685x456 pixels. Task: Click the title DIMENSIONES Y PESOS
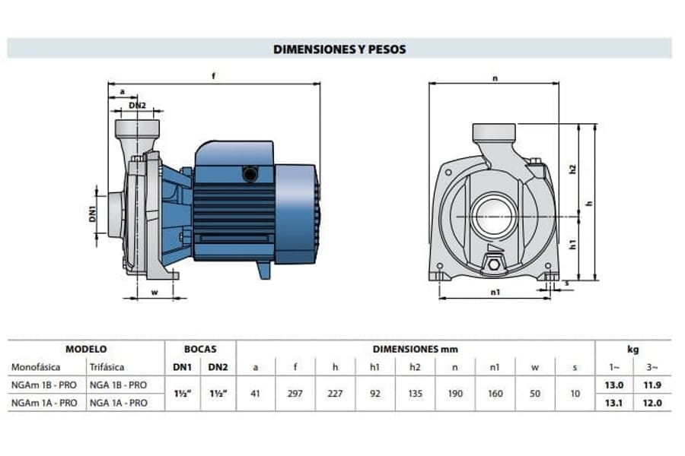point(339,49)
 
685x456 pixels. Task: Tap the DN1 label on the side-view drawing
point(93,214)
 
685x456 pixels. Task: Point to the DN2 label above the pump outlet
point(137,105)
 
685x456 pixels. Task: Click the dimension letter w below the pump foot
point(155,293)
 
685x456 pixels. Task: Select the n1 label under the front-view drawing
point(495,293)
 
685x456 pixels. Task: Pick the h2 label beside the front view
point(573,169)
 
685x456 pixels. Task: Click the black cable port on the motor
point(250,175)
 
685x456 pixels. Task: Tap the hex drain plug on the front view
point(494,264)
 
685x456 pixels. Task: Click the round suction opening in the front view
point(494,217)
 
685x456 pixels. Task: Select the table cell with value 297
point(295,394)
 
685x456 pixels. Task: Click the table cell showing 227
point(335,394)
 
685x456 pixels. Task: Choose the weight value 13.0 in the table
point(613,385)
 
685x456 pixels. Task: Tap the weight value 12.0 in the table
point(652,404)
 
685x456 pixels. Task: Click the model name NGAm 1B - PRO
point(44,385)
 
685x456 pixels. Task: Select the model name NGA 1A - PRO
point(119,404)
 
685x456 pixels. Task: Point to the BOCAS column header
point(200,349)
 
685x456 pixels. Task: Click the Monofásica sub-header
point(36,367)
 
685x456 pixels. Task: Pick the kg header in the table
point(633,349)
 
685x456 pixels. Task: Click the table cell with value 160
point(495,394)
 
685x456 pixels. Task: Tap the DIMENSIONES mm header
point(415,349)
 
